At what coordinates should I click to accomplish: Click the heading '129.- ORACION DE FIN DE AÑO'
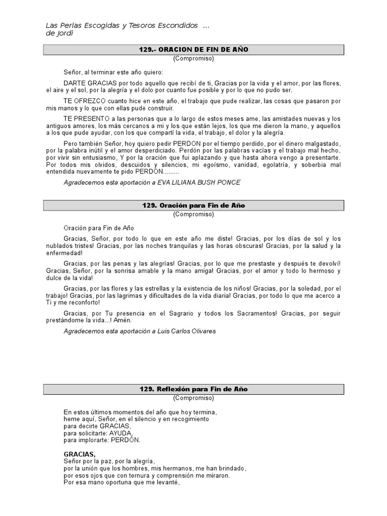point(193,49)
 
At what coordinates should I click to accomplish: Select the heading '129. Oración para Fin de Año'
point(193,205)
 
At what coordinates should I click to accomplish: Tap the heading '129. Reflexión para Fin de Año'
point(193,390)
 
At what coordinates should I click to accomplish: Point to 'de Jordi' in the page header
point(59,33)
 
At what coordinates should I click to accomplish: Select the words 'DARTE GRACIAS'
point(84,83)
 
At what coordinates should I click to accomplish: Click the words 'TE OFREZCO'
point(80,101)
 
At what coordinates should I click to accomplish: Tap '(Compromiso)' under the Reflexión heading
point(193,398)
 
